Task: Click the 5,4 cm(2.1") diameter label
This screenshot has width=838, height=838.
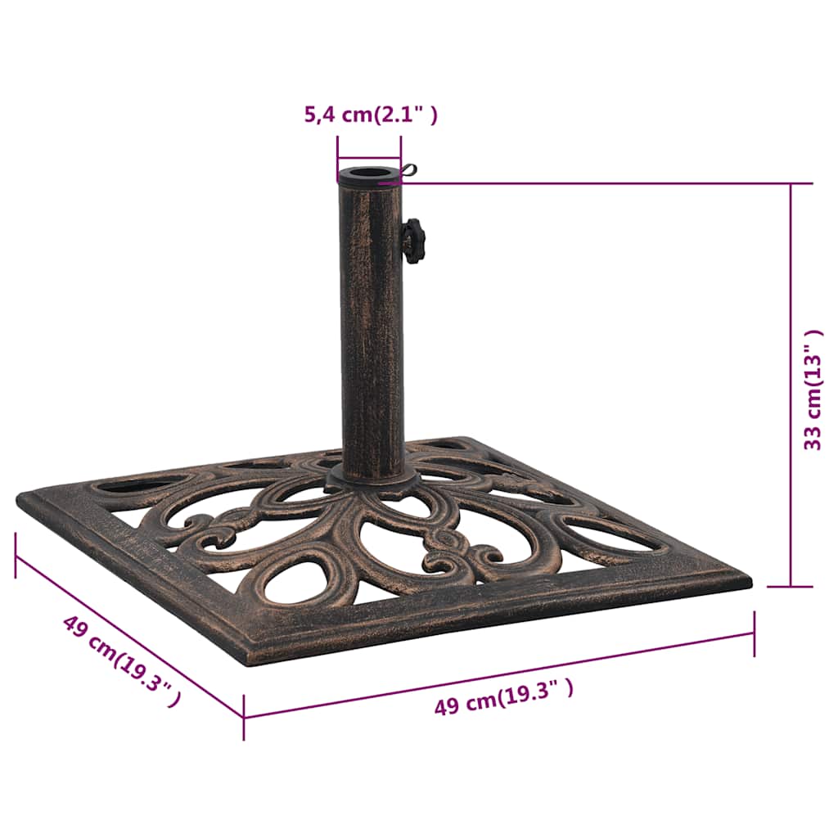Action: (371, 115)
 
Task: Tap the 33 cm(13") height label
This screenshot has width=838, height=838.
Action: (813, 390)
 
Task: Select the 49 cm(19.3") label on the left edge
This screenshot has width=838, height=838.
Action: (121, 660)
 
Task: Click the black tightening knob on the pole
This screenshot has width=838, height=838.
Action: (413, 241)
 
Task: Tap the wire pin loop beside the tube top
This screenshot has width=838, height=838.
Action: (408, 170)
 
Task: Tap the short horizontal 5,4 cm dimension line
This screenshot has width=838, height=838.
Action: (369, 160)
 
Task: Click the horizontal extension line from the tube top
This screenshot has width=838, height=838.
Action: (597, 183)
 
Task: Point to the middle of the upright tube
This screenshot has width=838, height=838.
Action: (372, 327)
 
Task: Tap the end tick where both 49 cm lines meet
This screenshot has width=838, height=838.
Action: (244, 717)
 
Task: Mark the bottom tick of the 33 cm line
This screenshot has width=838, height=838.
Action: (791, 586)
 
